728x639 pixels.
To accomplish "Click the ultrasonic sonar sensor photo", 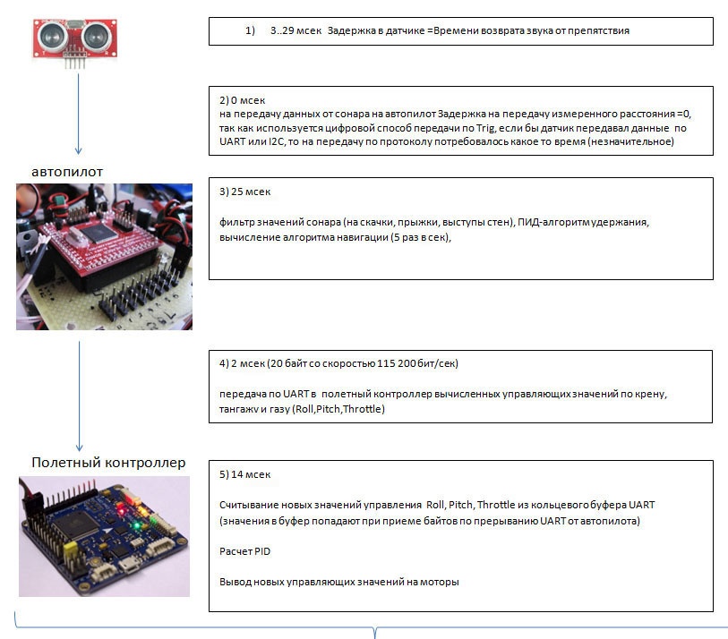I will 78,38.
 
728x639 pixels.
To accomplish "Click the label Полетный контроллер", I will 108,463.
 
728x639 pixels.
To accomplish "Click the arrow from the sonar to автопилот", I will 79,112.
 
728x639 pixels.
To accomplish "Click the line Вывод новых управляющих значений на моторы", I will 338,582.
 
